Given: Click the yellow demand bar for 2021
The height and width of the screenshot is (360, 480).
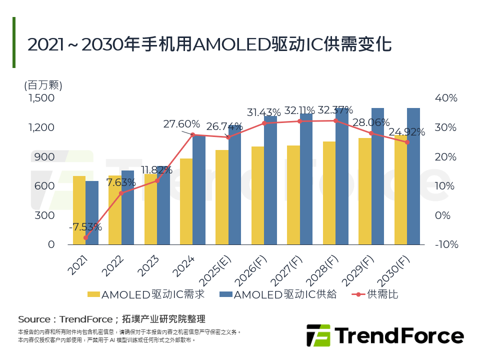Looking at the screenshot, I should [x=79, y=210].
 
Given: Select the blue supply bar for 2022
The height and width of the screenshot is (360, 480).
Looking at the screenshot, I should [x=127, y=207].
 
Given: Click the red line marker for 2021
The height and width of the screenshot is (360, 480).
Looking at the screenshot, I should [x=85, y=238].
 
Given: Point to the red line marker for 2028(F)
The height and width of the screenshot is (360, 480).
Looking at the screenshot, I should [x=335, y=120].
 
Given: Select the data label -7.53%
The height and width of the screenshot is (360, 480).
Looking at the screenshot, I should [x=85, y=227].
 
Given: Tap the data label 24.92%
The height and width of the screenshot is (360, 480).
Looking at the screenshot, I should [x=407, y=132].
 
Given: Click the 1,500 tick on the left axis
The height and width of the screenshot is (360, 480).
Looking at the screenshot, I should [x=41, y=98].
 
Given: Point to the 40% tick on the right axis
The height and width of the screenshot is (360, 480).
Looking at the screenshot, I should [x=446, y=98].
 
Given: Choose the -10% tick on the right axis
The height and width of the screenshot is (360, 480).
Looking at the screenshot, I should [x=446, y=244].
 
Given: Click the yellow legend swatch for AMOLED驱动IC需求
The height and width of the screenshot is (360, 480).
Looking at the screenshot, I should [x=93, y=294].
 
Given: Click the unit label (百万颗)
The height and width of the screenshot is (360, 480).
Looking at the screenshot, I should [x=43, y=85].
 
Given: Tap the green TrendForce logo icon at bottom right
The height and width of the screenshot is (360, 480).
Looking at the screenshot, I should [x=318, y=335].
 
